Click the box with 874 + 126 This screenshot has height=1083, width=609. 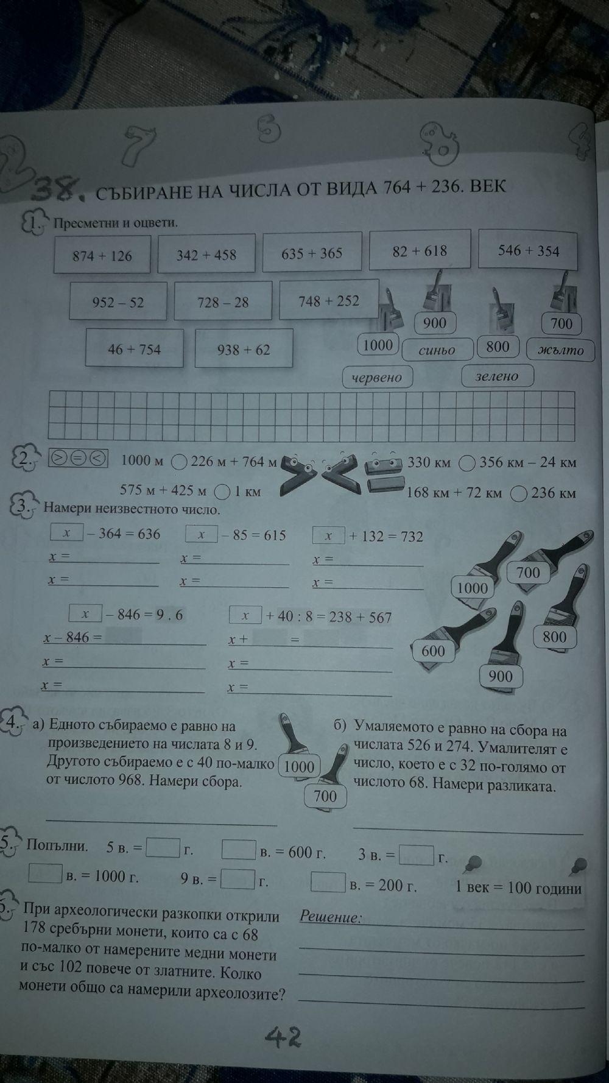click(102, 256)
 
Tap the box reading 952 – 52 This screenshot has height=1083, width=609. click(118, 302)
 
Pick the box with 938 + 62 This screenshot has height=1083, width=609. click(244, 350)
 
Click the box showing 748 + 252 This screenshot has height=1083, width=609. click(329, 300)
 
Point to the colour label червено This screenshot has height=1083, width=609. click(378, 377)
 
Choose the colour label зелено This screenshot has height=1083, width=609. click(497, 376)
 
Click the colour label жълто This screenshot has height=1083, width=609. click(561, 350)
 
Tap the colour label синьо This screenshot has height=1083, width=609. click(437, 350)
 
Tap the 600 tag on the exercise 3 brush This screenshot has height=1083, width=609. click(433, 651)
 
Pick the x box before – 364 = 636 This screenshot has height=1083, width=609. click(66, 534)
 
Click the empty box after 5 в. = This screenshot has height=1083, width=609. click(164, 847)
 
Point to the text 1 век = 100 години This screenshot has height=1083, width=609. click(518, 887)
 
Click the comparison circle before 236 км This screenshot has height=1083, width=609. click(519, 494)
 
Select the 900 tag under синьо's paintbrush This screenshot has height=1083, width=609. click(434, 323)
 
